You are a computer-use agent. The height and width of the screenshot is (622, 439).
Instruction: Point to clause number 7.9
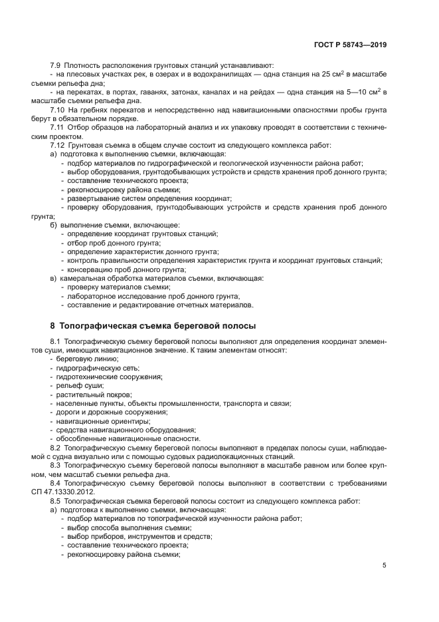(x=56, y=65)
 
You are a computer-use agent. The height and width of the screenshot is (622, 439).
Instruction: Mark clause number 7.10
(x=58, y=108)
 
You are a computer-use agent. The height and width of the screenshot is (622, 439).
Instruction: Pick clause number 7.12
(x=58, y=144)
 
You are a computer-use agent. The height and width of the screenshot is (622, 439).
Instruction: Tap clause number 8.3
(x=56, y=465)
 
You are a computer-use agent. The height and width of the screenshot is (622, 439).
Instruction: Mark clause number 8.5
(x=56, y=500)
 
